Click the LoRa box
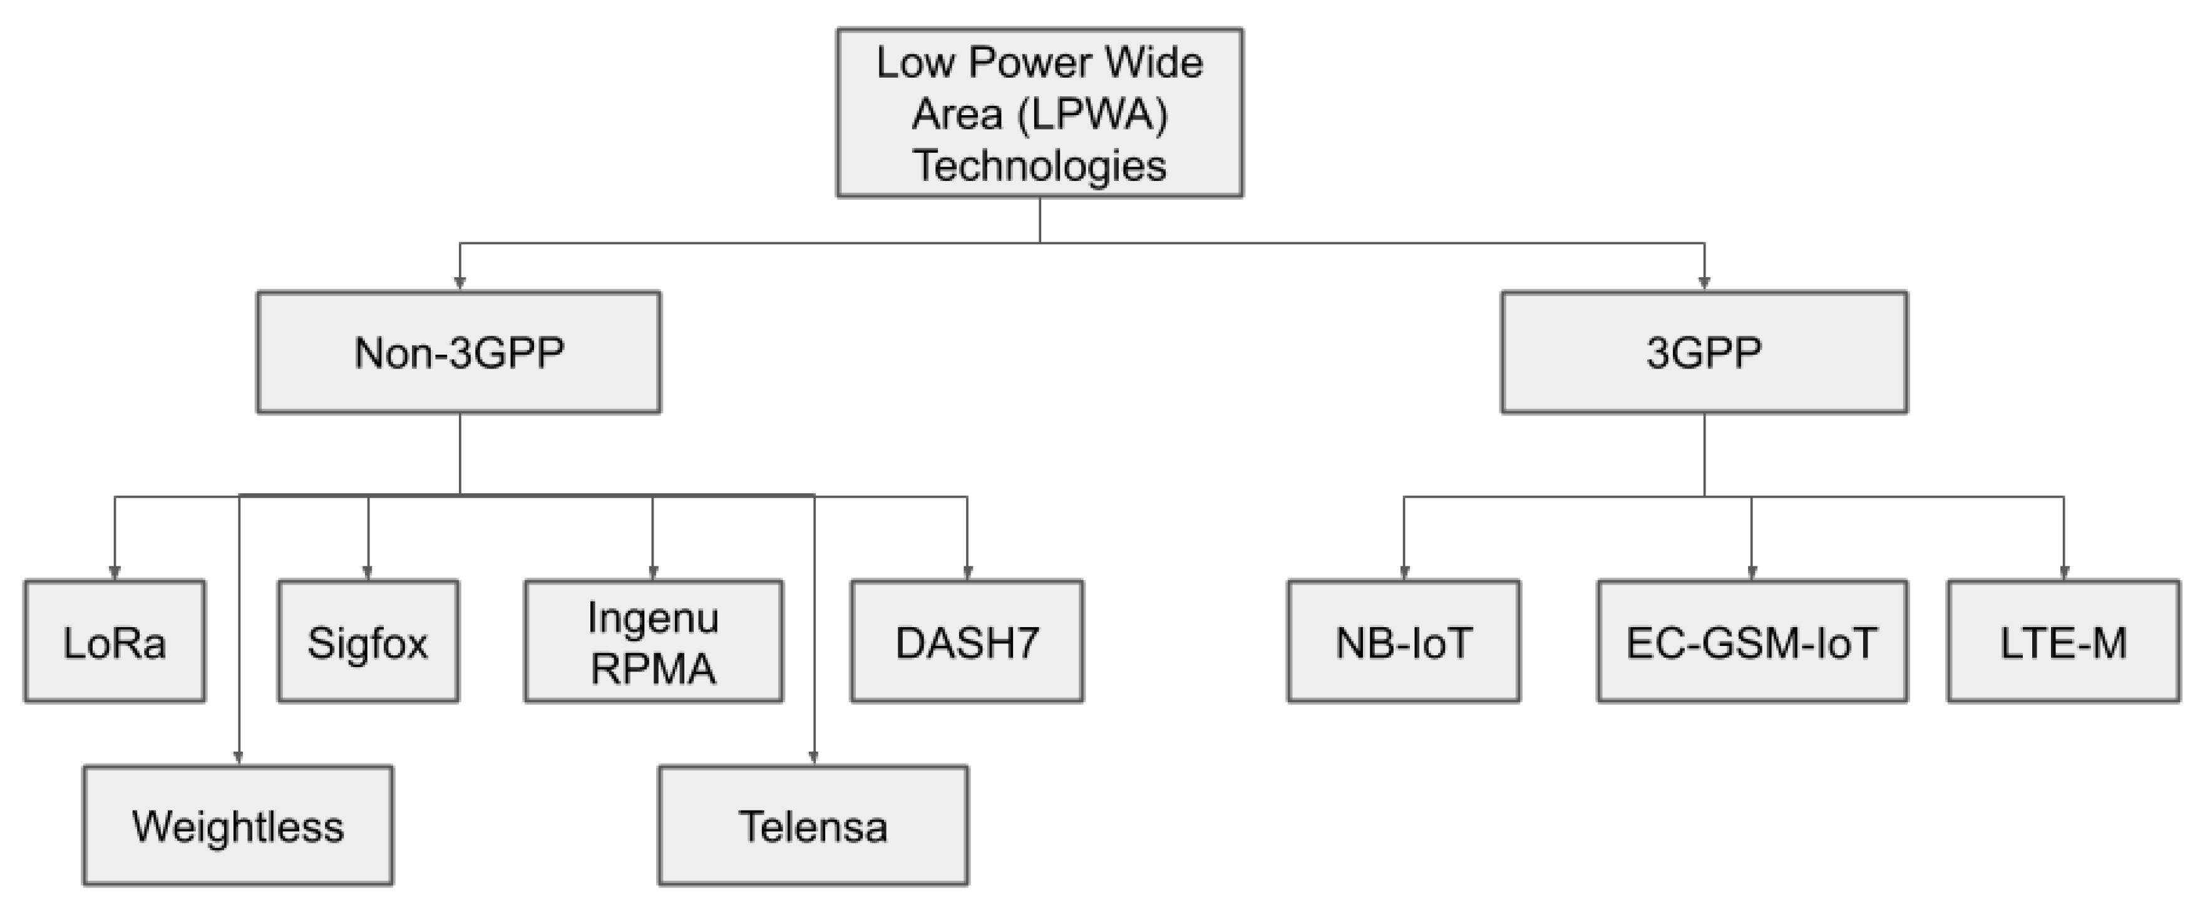[x=115, y=642]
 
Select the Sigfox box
[x=368, y=642]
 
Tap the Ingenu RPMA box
[x=653, y=642]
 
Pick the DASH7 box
[x=967, y=642]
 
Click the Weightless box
[x=238, y=826]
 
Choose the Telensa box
[x=813, y=826]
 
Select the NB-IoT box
[x=1404, y=642]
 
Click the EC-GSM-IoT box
[x=1752, y=642]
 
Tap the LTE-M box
[x=2064, y=642]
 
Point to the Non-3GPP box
[x=459, y=352]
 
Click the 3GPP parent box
[x=1704, y=352]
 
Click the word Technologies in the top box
[x=1039, y=165]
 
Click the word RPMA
[x=653, y=668]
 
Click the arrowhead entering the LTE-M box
[x=2064, y=573]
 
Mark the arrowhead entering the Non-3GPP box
[x=460, y=284]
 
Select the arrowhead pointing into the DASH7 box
[x=967, y=573]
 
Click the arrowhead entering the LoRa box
[x=115, y=573]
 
